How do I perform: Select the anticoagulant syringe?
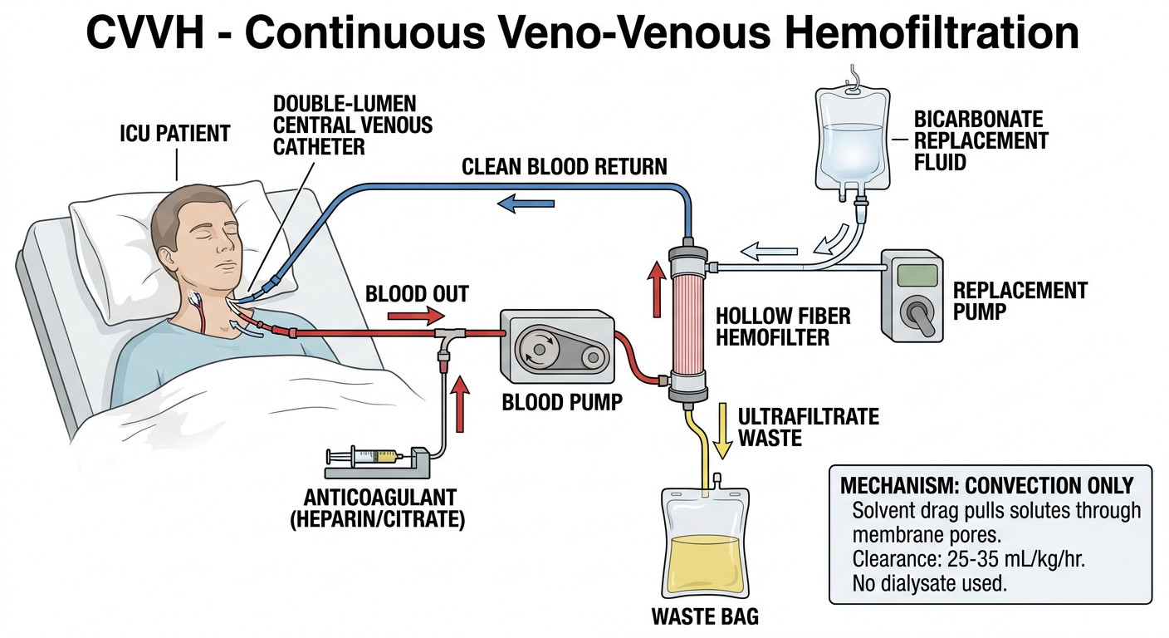click(x=364, y=458)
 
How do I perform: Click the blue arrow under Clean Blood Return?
click(x=526, y=203)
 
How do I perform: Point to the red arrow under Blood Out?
click(x=416, y=316)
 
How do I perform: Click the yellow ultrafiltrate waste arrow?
click(x=723, y=430)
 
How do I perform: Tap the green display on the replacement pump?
click(x=917, y=275)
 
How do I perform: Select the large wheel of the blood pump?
click(x=537, y=347)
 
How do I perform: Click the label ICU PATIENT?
click(x=175, y=133)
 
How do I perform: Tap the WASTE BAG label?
click(x=705, y=616)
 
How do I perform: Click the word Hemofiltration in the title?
click(x=931, y=32)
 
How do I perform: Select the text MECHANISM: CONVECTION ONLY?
click(x=987, y=485)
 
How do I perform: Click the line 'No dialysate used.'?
click(x=929, y=583)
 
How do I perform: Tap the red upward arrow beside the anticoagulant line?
click(x=460, y=404)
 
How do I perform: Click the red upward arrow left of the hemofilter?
click(x=657, y=289)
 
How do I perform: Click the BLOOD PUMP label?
click(x=562, y=402)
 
